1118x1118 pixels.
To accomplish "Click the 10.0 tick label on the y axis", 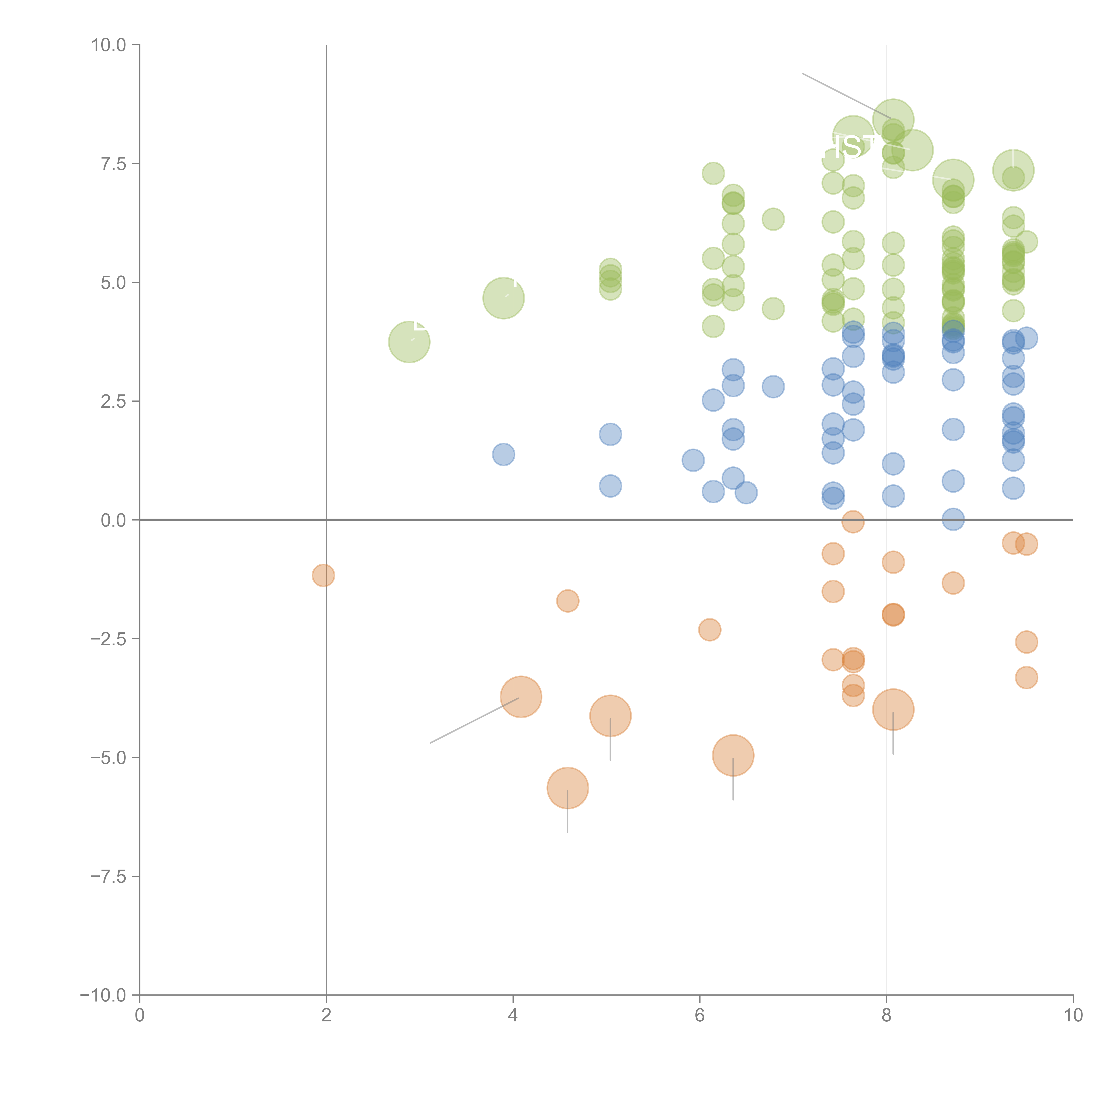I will pyautogui.click(x=109, y=45).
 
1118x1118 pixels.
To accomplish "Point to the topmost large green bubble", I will pyautogui.click(x=893, y=120).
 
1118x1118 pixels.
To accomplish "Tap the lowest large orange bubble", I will pyautogui.click(x=568, y=788).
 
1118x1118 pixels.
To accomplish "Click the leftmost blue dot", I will pyautogui.click(x=504, y=454).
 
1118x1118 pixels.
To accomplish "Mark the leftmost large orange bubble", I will pyautogui.click(x=521, y=697).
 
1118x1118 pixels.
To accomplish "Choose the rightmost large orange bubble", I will pyautogui.click(x=893, y=709).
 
